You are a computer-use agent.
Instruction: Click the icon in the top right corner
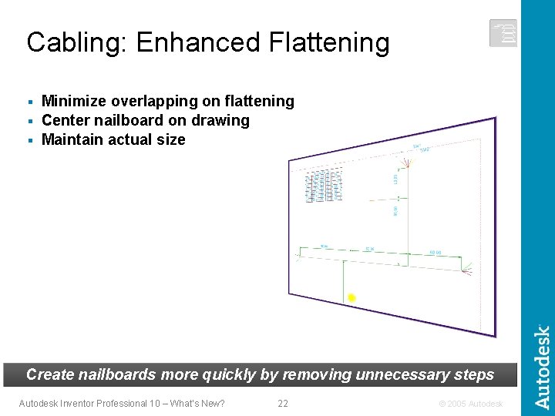coord(503,33)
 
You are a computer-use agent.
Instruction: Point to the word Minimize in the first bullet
coord(75,101)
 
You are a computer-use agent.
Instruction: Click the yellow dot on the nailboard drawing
coord(351,297)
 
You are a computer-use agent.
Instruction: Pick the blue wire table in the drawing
coord(325,186)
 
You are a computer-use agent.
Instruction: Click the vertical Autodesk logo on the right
coord(543,366)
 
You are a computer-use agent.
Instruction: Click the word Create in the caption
coord(50,375)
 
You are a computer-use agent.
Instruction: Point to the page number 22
coord(283,404)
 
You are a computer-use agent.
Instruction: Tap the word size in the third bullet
coord(171,139)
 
